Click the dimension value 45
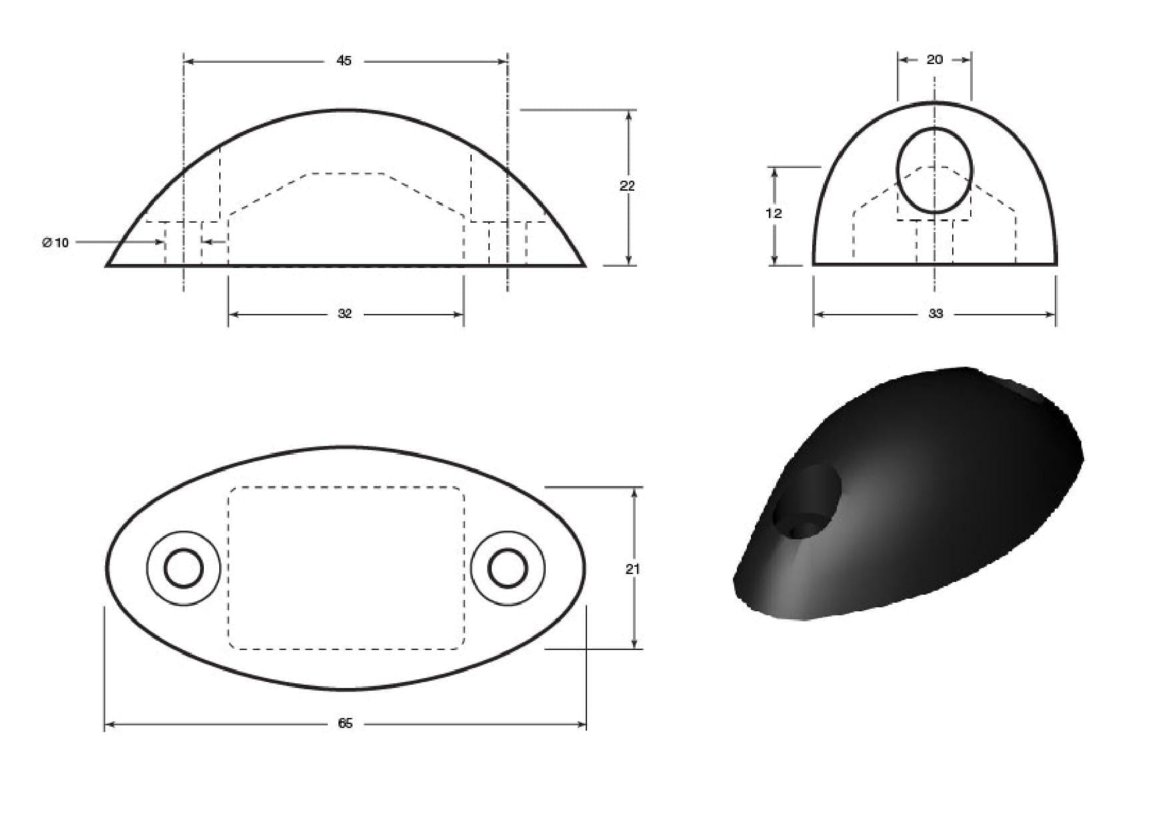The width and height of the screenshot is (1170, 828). point(344,61)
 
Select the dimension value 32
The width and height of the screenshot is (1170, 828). point(344,314)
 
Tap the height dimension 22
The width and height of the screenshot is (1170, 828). point(627,186)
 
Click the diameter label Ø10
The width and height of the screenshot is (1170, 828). point(55,243)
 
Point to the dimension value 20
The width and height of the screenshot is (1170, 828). point(935,59)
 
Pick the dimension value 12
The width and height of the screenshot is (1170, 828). point(774,213)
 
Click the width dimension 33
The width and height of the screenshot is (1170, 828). point(935,314)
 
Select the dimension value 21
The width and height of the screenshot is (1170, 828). point(633,569)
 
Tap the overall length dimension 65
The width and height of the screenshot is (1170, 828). point(345,723)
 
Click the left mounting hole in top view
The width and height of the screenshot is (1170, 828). point(184,569)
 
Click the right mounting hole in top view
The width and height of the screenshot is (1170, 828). point(508,569)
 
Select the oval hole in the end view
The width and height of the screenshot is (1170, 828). point(934,170)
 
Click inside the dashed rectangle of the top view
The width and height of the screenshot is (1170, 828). point(346,567)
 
